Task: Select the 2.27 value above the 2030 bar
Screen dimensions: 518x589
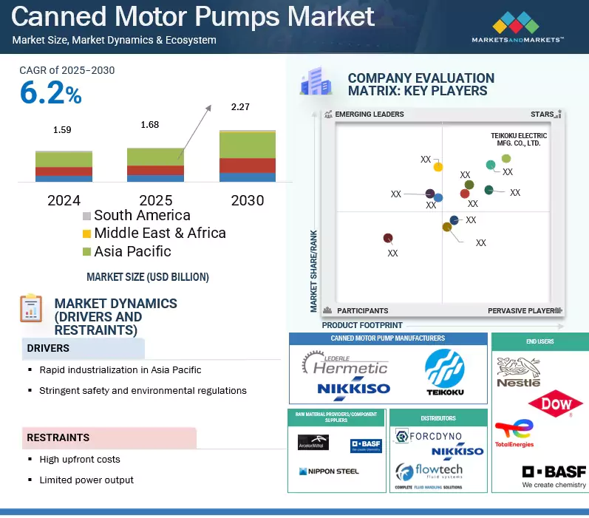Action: (240, 107)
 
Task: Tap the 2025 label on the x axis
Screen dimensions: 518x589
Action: (155, 200)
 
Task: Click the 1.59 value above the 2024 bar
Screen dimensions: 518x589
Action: (63, 130)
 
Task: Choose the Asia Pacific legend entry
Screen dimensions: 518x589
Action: (132, 251)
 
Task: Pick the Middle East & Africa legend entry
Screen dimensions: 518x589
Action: (159, 233)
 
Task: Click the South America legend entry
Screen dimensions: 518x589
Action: (141, 215)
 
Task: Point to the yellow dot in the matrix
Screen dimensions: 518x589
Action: (438, 167)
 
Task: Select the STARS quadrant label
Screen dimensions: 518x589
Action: (542, 115)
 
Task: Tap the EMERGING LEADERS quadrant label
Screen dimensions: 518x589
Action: (370, 115)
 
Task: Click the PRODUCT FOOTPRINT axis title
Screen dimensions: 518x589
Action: (362, 325)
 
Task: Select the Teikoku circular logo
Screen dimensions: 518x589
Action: (445, 369)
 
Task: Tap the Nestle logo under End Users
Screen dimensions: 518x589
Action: (518, 371)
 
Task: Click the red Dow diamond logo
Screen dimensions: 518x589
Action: (556, 404)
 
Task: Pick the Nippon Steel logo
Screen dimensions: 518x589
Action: (328, 471)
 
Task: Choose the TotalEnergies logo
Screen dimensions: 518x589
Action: (514, 434)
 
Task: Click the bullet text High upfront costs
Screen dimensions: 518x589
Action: (80, 459)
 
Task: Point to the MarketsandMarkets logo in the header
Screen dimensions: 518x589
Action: (517, 27)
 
